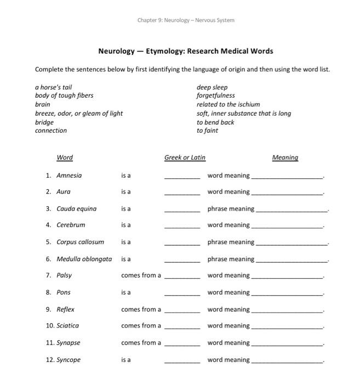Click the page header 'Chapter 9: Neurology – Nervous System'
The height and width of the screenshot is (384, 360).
coord(186,20)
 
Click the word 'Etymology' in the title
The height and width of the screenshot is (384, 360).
coord(164,51)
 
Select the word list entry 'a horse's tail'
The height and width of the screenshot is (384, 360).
coord(53,87)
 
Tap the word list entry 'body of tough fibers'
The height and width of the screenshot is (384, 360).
coord(64,95)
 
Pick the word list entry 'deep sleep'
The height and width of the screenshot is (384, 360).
coord(212,87)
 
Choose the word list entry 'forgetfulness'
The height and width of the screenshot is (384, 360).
coord(215,95)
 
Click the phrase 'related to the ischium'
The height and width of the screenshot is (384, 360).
coord(228,104)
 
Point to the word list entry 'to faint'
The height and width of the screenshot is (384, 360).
coord(207,131)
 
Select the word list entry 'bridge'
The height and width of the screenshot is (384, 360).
coord(44,122)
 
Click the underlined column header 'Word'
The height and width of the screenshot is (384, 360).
coord(65,158)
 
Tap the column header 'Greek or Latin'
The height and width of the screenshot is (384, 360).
coord(185,158)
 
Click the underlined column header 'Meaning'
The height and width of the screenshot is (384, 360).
coord(285,158)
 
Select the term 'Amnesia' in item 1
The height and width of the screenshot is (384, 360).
coord(69,176)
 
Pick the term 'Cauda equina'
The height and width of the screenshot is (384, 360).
coord(76,208)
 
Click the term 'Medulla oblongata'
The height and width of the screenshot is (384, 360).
coord(84,259)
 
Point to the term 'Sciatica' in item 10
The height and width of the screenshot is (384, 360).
coord(67,326)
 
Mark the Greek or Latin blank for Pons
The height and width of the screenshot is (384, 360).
coord(182,295)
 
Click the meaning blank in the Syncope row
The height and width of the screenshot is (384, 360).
coord(287,362)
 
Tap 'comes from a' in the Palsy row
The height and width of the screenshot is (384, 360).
coord(141,275)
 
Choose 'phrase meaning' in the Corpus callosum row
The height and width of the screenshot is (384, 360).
coord(231,242)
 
